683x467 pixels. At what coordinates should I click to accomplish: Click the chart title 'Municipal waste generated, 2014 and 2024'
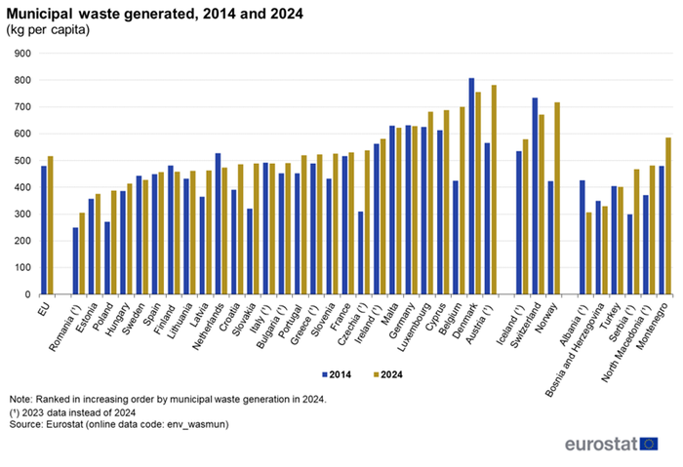click(x=154, y=14)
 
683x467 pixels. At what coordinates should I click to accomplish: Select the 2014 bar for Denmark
click(x=472, y=185)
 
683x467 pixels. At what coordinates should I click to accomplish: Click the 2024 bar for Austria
click(x=494, y=189)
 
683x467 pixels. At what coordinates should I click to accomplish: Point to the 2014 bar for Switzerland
click(x=535, y=195)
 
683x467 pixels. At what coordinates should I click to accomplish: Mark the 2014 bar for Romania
click(x=75, y=260)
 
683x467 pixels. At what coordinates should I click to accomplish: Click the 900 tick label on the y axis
click(x=22, y=54)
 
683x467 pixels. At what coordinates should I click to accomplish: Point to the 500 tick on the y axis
click(x=22, y=161)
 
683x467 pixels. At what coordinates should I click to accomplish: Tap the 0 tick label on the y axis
click(x=29, y=294)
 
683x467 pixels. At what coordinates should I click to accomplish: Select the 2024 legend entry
click(x=386, y=373)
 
